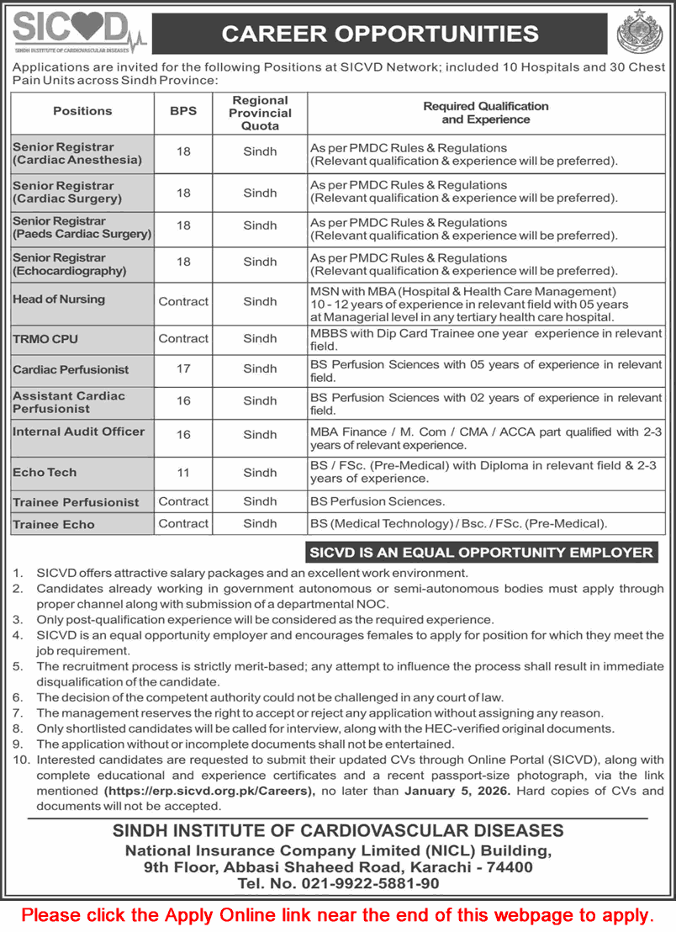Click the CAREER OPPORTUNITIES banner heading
pyautogui.click(x=379, y=34)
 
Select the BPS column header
pyautogui.click(x=182, y=110)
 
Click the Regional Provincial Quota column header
pyautogui.click(x=260, y=113)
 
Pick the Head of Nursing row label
pyautogui.click(x=59, y=299)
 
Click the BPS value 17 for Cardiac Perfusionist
pyautogui.click(x=183, y=368)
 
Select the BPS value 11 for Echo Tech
pyautogui.click(x=183, y=473)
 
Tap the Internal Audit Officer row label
pyautogui.click(x=78, y=431)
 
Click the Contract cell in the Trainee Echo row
pyautogui.click(x=183, y=523)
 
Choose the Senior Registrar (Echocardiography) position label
pyautogui.click(x=70, y=264)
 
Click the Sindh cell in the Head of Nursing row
pyautogui.click(x=260, y=301)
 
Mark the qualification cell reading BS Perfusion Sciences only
pyautogui.click(x=378, y=501)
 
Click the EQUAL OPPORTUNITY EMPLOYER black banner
pyautogui.click(x=482, y=553)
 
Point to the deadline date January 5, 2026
pyautogui.click(x=457, y=792)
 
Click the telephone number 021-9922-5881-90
pyautogui.click(x=337, y=884)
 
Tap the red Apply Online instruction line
pyautogui.click(x=337, y=914)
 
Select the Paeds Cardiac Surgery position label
pyautogui.click(x=82, y=227)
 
